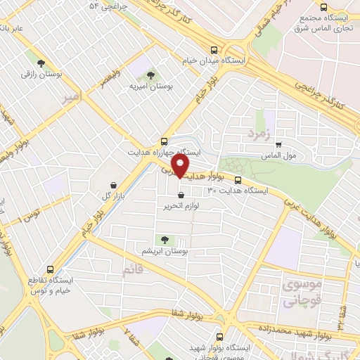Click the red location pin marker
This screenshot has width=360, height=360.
[x=181, y=166]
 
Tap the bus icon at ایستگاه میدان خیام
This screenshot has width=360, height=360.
[x=214, y=49]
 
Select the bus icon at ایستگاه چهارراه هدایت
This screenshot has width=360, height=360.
[x=164, y=141]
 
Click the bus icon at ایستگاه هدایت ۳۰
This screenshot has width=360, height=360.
[x=238, y=179]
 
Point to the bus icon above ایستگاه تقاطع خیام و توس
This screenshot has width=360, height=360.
[x=50, y=269]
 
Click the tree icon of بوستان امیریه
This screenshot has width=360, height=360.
[x=148, y=75]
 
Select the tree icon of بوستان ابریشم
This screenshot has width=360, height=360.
[x=166, y=240]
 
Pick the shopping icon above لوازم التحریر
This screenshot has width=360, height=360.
[x=181, y=195]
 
